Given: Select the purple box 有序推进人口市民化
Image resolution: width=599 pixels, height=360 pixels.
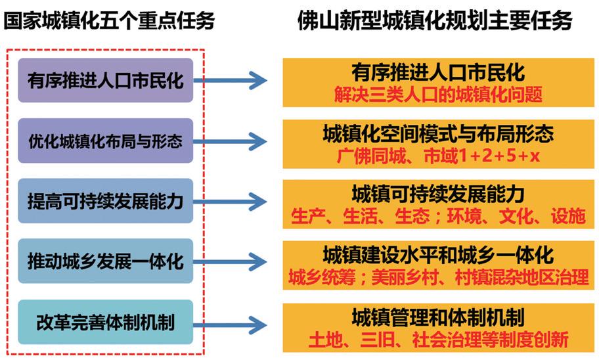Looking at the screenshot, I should (106, 80).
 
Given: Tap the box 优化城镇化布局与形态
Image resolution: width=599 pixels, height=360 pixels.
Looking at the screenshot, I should (106, 141).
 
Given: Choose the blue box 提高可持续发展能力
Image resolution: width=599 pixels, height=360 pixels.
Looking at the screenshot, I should (106, 200).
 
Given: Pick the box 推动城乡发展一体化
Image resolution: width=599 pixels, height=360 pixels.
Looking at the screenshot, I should (106, 261).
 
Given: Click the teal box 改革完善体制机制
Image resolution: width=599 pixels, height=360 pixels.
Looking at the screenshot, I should (106, 321).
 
